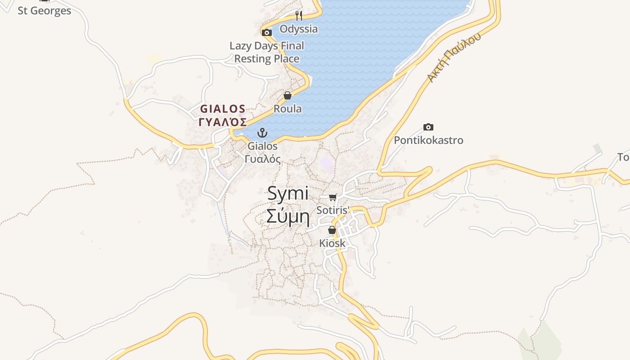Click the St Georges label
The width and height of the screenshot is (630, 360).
(44, 10)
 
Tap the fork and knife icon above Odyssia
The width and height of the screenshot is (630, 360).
(298, 16)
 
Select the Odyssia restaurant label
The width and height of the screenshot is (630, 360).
(299, 29)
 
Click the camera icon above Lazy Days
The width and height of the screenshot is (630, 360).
(267, 32)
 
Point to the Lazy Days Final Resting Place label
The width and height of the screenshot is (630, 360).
(267, 52)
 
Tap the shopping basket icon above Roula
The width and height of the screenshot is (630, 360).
(288, 95)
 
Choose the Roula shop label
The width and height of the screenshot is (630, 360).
(288, 109)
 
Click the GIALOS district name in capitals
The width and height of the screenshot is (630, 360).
(223, 108)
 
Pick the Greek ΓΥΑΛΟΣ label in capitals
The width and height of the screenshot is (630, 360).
(223, 122)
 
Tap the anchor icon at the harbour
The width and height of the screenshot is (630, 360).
(262, 133)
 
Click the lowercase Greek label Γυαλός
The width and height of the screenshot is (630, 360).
(263, 159)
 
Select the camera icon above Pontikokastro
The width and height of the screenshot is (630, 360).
(428, 127)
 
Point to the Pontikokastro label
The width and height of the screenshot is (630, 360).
(428, 140)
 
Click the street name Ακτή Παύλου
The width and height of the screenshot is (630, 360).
(454, 57)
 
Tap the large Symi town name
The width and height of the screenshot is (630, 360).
(288, 193)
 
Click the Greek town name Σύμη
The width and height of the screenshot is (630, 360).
(288, 216)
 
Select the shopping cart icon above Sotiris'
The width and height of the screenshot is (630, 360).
(333, 197)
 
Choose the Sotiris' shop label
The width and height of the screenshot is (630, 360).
(333, 210)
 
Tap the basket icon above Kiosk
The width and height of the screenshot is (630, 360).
(332, 230)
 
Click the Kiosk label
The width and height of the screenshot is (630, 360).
(332, 243)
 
